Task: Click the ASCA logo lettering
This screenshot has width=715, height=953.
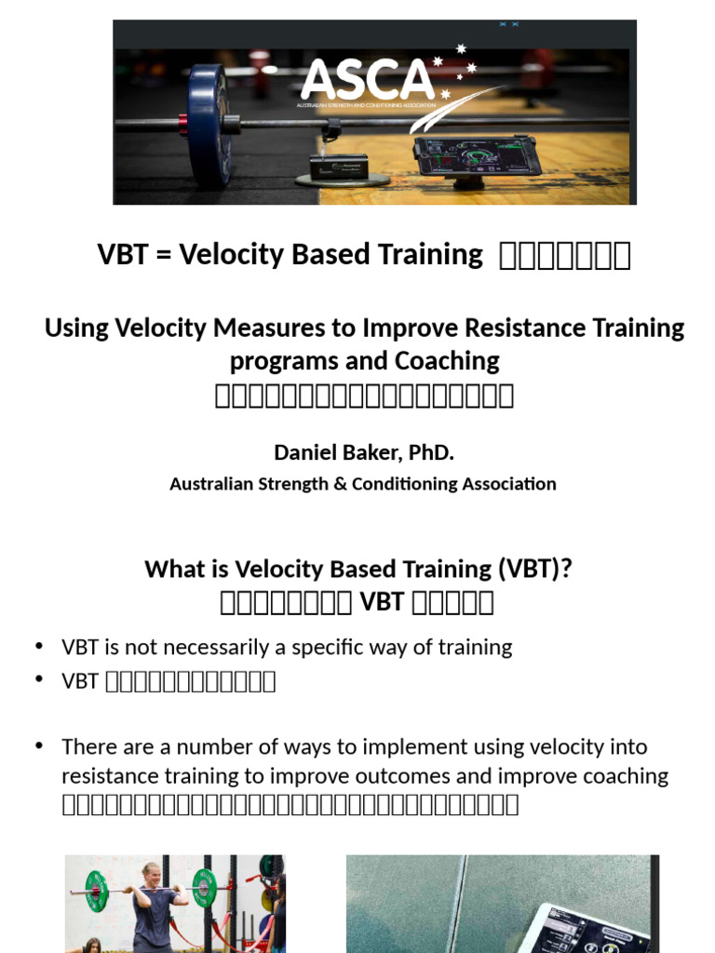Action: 368,79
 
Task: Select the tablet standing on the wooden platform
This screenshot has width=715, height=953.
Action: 478,154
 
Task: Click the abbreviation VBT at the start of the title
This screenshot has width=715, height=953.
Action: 124,254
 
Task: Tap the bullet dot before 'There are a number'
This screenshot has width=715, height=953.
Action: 39,745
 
